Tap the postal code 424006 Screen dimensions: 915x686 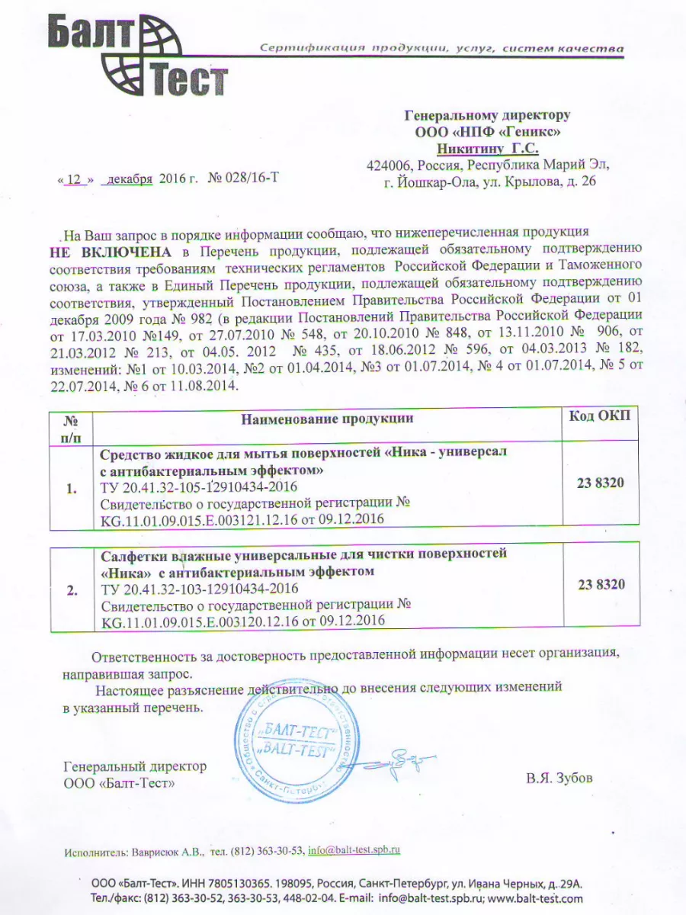click(389, 165)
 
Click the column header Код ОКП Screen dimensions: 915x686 click(600, 416)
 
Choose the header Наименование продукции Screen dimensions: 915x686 click(327, 418)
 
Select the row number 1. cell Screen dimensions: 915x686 click(71, 489)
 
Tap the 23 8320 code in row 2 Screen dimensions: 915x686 click(601, 584)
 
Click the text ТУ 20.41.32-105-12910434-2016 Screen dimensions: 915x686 click(199, 487)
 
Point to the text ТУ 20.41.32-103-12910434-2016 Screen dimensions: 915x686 click(199, 589)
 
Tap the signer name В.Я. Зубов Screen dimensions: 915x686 click(559, 779)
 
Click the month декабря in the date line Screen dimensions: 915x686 click(130, 179)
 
